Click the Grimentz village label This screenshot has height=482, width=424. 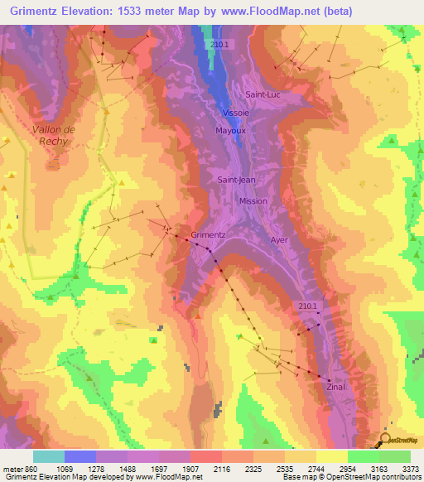point(208,234)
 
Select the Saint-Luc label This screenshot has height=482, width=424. point(263,94)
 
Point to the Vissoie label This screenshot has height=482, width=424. point(234,113)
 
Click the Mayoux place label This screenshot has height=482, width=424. point(231,131)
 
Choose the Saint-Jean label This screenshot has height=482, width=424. point(234,179)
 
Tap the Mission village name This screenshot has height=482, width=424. point(253,201)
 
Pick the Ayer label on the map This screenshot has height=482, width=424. point(278,239)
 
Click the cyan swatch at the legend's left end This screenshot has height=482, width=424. point(48,456)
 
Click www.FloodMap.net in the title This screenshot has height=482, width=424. point(257,12)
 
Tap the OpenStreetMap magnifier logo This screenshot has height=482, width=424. point(385,439)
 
